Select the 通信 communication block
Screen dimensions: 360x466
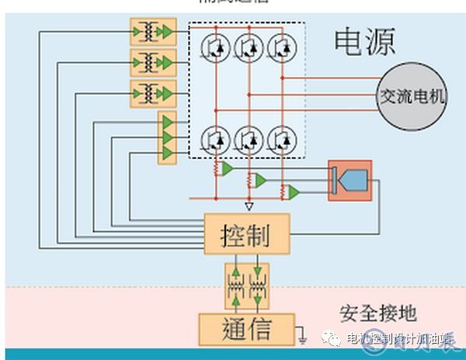click(x=246, y=329)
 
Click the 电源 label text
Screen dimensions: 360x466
click(x=364, y=41)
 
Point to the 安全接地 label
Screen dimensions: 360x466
click(x=378, y=313)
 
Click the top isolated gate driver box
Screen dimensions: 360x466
click(x=154, y=32)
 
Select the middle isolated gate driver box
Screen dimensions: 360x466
click(x=154, y=62)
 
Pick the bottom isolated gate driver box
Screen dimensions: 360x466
click(x=154, y=92)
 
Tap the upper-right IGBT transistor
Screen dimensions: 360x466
click(x=280, y=47)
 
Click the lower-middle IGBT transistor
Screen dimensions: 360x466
click(x=248, y=138)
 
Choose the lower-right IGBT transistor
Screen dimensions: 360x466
click(x=280, y=138)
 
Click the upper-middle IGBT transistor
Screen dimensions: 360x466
click(x=248, y=47)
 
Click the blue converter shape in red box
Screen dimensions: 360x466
click(x=352, y=181)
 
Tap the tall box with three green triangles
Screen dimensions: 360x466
click(x=167, y=137)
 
